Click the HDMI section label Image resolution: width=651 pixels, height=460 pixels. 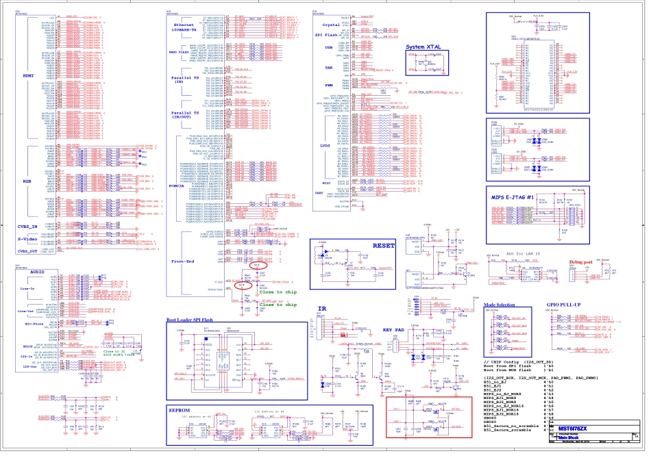click(28, 76)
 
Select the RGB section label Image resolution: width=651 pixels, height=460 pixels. click(27, 181)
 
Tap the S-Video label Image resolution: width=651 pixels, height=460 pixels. click(27, 239)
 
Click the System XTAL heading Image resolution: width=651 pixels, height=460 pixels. click(424, 47)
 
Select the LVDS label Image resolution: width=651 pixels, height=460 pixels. click(325, 145)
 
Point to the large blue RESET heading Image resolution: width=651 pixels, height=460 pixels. click(384, 245)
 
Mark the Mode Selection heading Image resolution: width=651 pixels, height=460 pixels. click(499, 305)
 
